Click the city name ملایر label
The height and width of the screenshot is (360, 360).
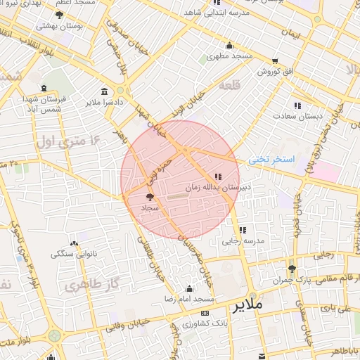(x=245, y=304)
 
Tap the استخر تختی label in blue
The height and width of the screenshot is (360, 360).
(x=273, y=160)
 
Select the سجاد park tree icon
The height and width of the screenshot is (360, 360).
(x=149, y=198)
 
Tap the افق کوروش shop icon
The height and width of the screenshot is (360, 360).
(x=274, y=60)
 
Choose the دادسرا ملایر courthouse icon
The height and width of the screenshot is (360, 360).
(x=105, y=91)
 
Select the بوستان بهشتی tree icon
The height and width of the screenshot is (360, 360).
(x=59, y=15)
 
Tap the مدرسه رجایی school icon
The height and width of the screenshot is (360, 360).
(x=243, y=229)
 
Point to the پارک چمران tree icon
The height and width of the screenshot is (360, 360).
(x=292, y=269)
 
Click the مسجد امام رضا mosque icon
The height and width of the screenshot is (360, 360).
(x=188, y=288)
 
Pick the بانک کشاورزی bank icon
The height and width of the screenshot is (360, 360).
(x=205, y=313)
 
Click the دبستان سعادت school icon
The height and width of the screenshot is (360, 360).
(x=297, y=105)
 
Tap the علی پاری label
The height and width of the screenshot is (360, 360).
(x=335, y=308)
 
